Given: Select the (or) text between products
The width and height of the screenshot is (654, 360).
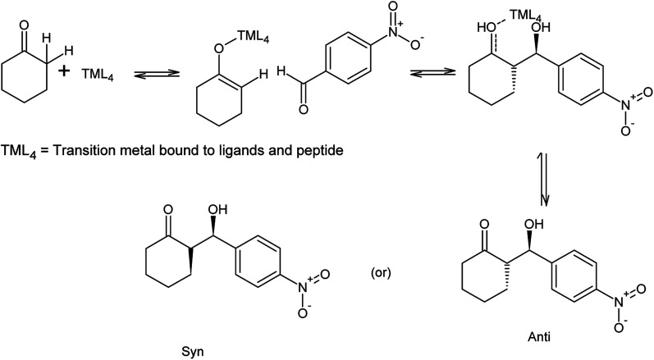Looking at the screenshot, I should [382, 267].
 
